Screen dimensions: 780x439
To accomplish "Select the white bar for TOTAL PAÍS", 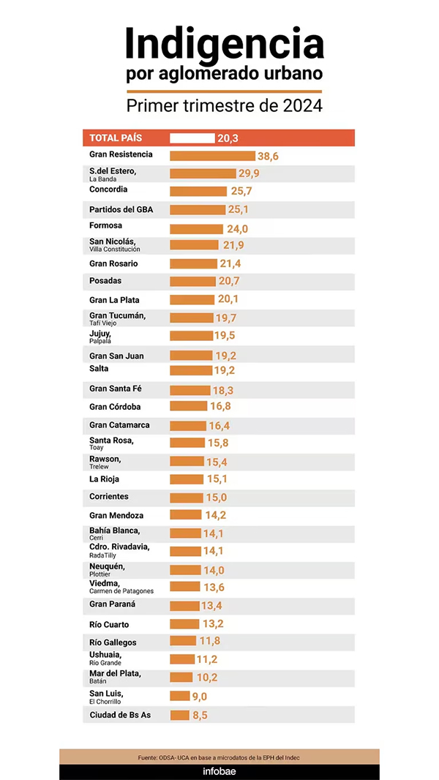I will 192,138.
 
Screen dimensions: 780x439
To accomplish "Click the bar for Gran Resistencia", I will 212,156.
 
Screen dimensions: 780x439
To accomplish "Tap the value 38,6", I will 269,156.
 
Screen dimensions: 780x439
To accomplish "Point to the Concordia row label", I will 108,190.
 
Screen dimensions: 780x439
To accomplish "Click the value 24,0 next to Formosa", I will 237,229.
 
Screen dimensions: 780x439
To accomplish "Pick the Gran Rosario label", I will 113,263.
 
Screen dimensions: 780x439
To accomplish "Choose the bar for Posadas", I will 192,281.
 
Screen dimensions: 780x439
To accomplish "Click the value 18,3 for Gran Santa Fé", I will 222,391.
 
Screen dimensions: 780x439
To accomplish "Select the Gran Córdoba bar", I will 188,407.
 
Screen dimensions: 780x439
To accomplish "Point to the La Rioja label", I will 105,480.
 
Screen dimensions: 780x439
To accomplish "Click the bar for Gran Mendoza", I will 186,515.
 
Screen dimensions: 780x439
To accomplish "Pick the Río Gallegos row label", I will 113,642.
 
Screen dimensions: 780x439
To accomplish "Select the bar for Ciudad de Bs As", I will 179,715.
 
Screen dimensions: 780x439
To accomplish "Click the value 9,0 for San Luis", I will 200,697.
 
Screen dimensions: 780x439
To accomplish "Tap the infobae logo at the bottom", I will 219,771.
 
